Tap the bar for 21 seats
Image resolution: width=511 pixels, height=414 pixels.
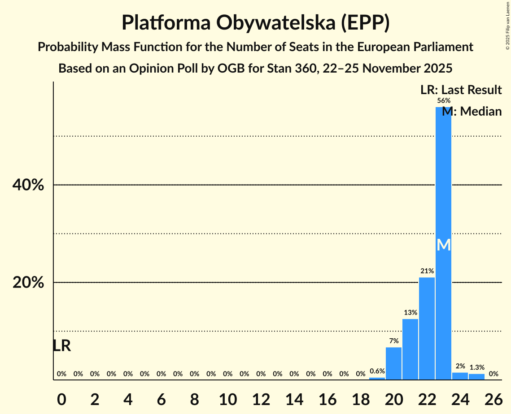coord(410,349)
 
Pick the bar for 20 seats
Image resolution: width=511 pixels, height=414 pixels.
coord(393,363)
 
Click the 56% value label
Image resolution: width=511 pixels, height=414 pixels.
coord(443,101)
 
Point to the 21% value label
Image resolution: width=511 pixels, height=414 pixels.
coord(427,271)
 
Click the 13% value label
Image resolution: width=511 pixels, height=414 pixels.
coord(410,312)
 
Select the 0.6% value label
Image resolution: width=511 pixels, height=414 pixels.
coord(377,371)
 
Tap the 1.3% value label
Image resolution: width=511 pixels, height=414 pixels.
coord(476,367)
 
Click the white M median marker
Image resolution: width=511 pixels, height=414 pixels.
coord(443,245)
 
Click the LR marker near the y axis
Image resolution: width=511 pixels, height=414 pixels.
coord(61,346)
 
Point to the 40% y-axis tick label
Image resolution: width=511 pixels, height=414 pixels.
coord(28,185)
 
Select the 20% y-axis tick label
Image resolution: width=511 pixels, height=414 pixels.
coord(28,283)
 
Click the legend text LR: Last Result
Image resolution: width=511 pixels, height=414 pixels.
coord(461,90)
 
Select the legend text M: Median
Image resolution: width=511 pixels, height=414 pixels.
coord(472,111)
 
